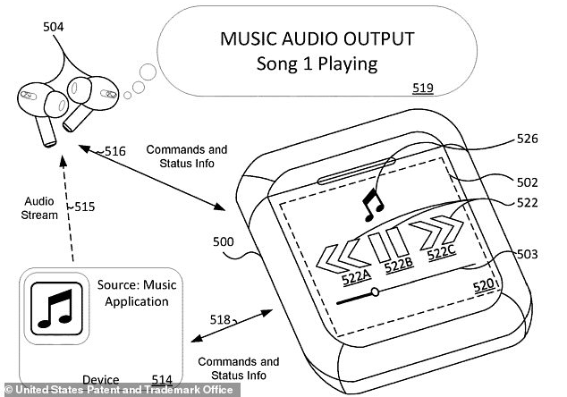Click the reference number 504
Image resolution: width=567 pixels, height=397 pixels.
(x=53, y=27)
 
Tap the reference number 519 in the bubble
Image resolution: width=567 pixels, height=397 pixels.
(x=423, y=89)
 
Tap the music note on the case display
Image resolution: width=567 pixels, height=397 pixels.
(x=369, y=205)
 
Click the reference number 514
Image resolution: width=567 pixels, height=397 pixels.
(x=161, y=380)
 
